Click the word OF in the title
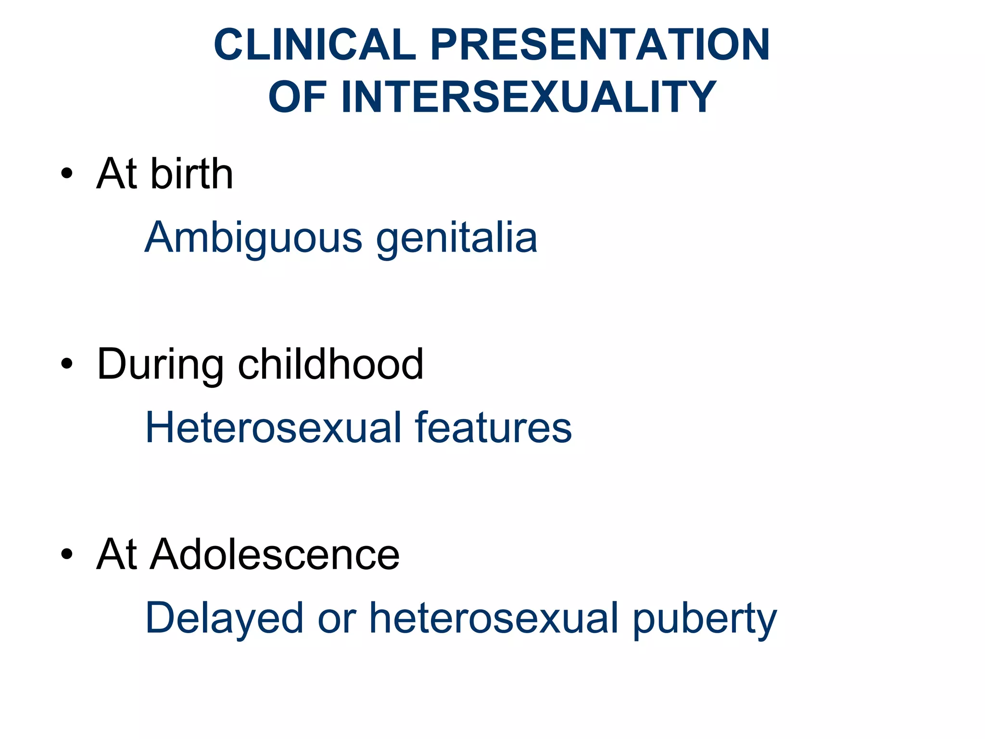pos(298,97)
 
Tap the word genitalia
pos(456,238)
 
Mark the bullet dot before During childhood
pos(67,364)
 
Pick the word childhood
pos(330,364)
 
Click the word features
pos(493,427)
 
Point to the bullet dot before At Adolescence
pos(67,554)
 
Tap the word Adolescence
pos(275,554)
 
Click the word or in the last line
pos(337,618)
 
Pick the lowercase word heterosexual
pos(493,618)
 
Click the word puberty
pos(704,618)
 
